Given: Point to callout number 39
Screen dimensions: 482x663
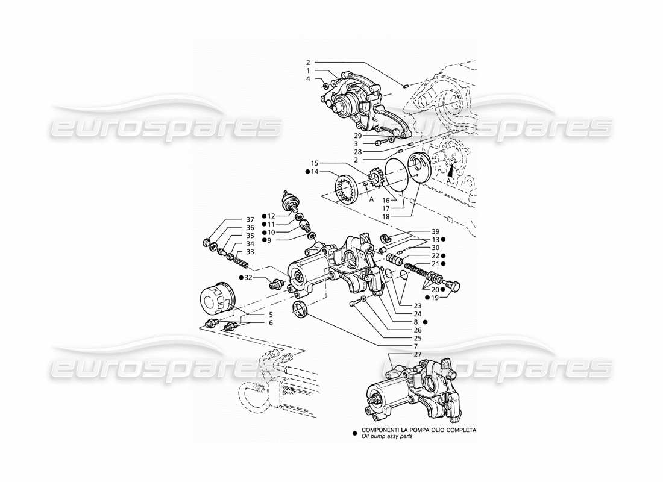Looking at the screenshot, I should [x=435, y=232].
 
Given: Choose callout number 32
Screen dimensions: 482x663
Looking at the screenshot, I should [x=248, y=277].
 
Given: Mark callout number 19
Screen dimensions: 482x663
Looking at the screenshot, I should [x=435, y=298].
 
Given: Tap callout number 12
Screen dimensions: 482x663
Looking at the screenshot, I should [x=271, y=216].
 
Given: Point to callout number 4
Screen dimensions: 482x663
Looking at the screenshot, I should [x=307, y=78].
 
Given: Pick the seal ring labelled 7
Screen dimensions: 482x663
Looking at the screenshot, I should [x=300, y=310].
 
